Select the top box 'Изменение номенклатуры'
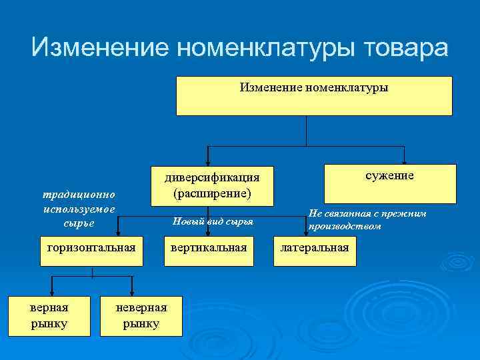point(313,95)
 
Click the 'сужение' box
point(390,183)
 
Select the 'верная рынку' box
point(49,315)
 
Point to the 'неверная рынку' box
point(141,315)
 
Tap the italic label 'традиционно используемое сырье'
point(79,209)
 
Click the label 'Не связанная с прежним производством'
point(367,220)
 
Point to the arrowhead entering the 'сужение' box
point(404,161)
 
